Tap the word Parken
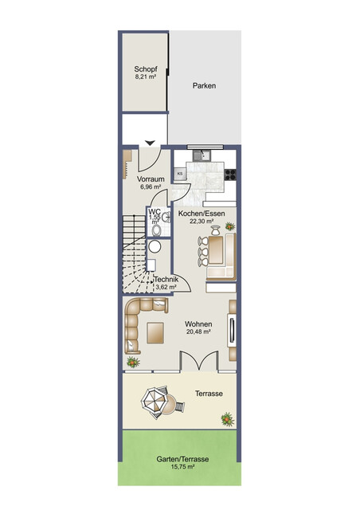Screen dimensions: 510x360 (204, 86)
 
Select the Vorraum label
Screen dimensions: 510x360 (152, 179)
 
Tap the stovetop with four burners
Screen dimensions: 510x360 (230, 175)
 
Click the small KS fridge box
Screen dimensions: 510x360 (181, 173)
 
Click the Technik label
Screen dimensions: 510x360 (166, 280)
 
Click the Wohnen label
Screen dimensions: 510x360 (198, 324)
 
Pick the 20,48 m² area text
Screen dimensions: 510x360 (198, 332)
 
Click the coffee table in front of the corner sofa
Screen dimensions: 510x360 (155, 331)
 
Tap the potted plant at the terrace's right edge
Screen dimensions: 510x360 (229, 417)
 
